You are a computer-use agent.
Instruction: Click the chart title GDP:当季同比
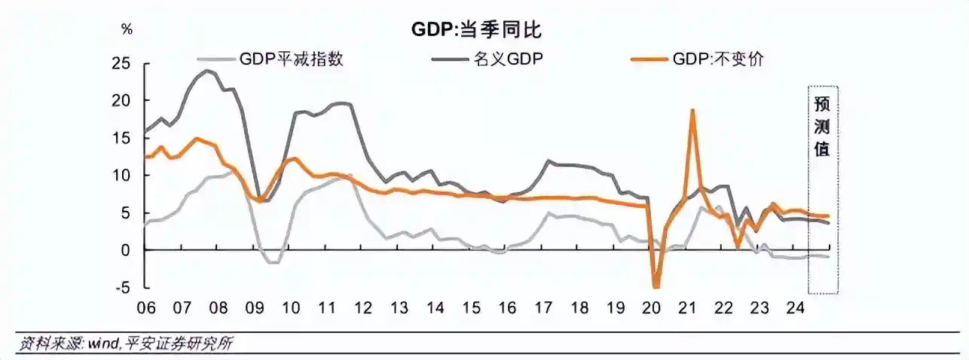[x=476, y=30]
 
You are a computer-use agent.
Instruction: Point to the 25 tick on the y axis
[x=121, y=63]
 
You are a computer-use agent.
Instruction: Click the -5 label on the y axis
[x=122, y=288]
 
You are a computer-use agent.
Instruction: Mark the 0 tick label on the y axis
[x=125, y=250]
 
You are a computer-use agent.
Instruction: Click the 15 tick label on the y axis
[x=121, y=139]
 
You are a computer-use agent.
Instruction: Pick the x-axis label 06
[x=145, y=308]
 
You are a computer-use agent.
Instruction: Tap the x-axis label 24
[x=795, y=308]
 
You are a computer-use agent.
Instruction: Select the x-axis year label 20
[x=651, y=308]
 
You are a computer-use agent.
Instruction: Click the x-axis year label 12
[x=362, y=308]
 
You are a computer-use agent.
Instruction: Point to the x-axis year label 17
[x=543, y=308]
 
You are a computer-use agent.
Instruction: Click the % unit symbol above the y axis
[x=127, y=29]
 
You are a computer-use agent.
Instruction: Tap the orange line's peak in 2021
[x=692, y=110]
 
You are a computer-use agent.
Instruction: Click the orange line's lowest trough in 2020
[x=656, y=286]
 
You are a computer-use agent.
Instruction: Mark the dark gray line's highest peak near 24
[x=208, y=71]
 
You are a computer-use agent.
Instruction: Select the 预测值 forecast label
[x=822, y=127]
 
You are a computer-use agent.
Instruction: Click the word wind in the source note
[x=102, y=344]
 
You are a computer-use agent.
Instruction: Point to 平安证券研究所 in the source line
[x=179, y=344]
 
